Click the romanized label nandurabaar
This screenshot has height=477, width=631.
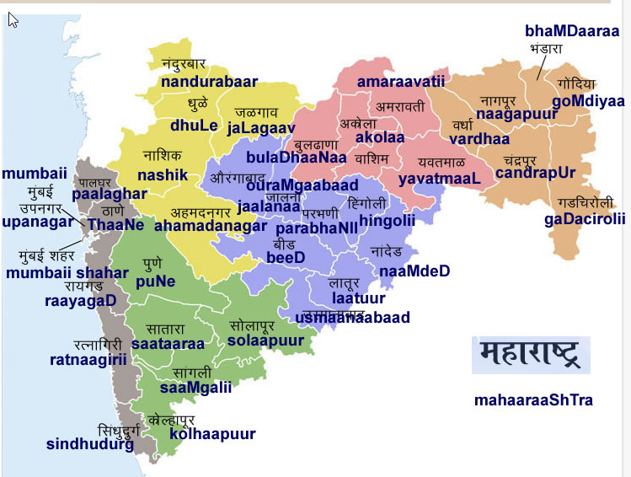click(x=209, y=83)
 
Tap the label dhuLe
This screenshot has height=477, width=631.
click(x=194, y=126)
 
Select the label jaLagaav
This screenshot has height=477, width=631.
click(x=261, y=127)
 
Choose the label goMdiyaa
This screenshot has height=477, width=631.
click(x=589, y=101)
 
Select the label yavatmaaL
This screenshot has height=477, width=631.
click(x=439, y=179)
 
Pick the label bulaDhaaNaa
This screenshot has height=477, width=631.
click(x=297, y=157)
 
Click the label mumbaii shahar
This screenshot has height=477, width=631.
click(x=67, y=272)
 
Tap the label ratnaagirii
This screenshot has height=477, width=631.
click(x=88, y=359)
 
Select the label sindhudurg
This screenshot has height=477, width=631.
click(x=90, y=444)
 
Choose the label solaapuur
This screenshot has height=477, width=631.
click(x=265, y=340)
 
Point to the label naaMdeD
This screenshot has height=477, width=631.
click(x=414, y=271)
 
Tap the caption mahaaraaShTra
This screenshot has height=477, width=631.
click(x=533, y=399)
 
